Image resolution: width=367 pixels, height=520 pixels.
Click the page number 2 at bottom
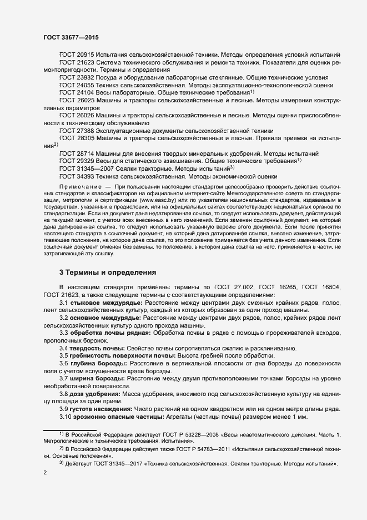point(45,473)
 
